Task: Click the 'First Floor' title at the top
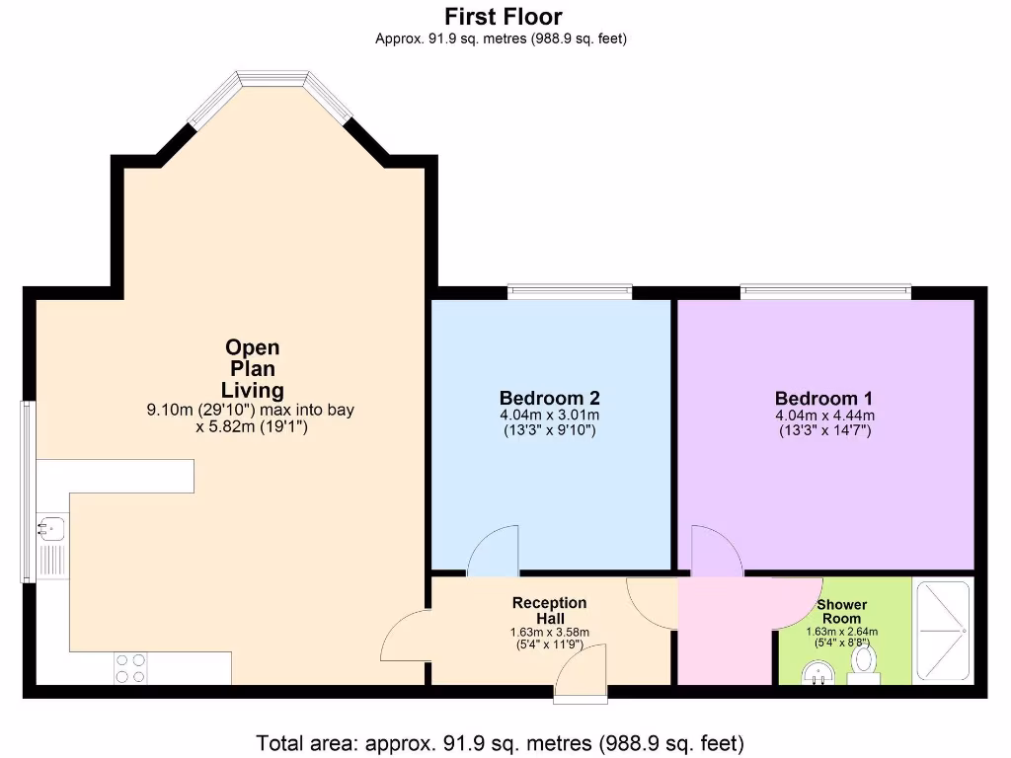(x=503, y=16)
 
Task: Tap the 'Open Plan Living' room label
(x=253, y=368)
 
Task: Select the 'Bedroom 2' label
(x=549, y=398)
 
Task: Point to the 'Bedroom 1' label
(x=824, y=399)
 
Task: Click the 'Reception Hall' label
(x=549, y=610)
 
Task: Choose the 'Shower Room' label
(x=842, y=611)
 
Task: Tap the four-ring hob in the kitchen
(x=130, y=668)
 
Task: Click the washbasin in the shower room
(x=817, y=674)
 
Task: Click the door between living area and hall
(x=405, y=637)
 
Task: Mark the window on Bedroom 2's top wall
(x=570, y=291)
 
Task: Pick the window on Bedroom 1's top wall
(x=825, y=291)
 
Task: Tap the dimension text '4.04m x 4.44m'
(x=824, y=416)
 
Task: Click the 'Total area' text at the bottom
(x=500, y=741)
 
